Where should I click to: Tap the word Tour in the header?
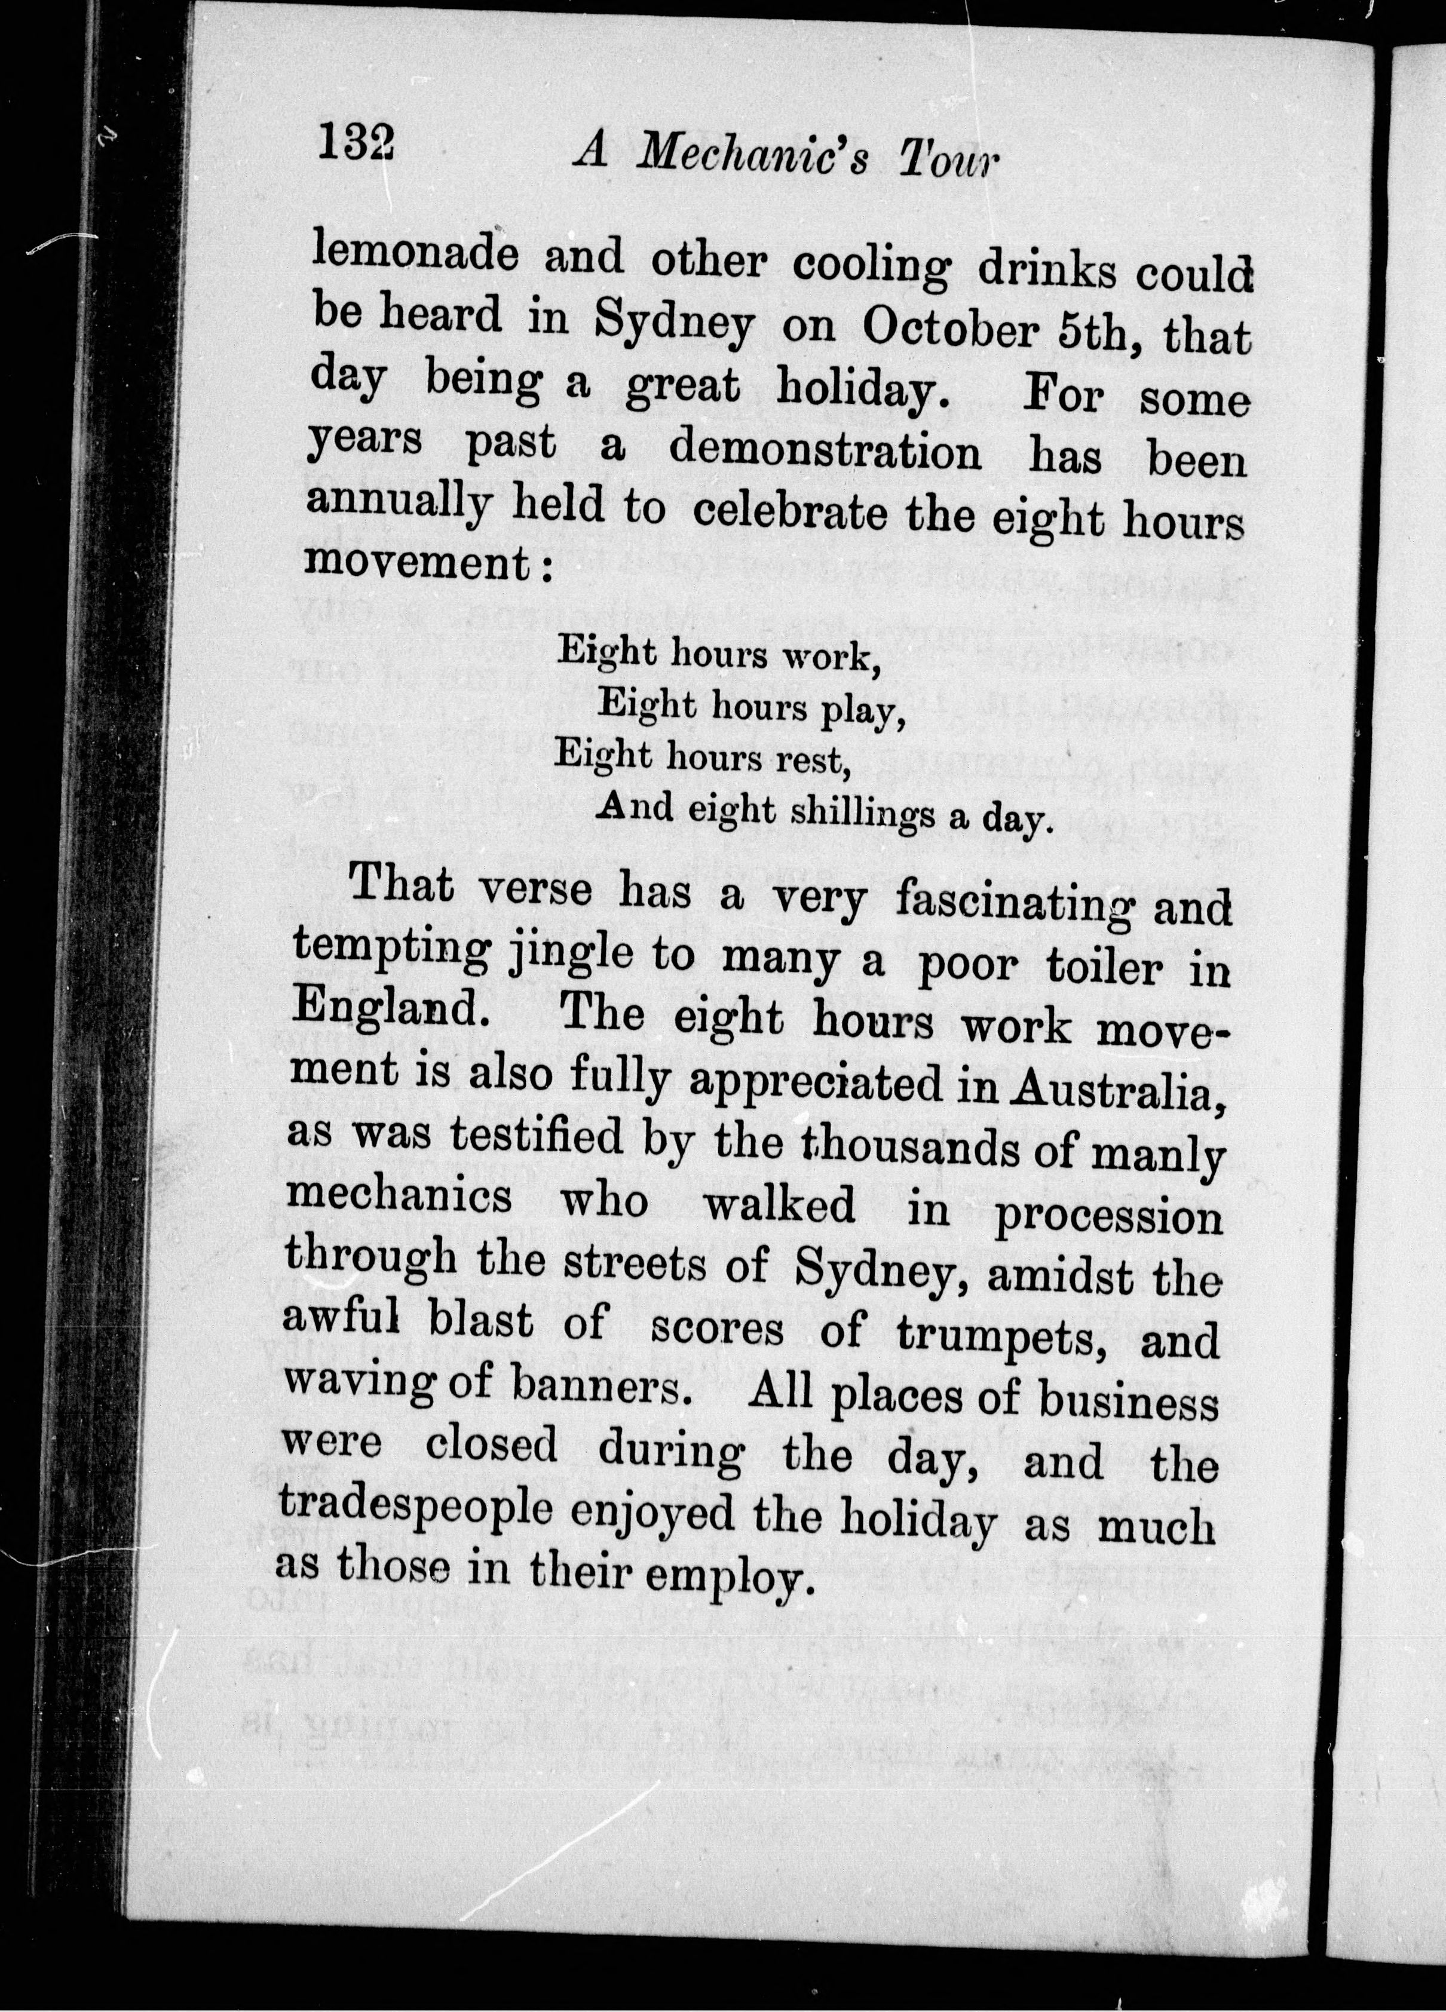[948, 161]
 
